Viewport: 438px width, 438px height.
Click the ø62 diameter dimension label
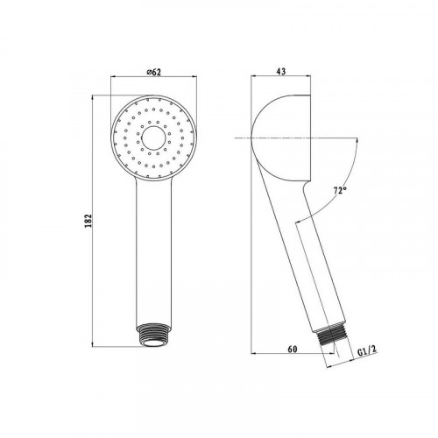point(154,72)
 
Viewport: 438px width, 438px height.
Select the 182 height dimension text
point(88,221)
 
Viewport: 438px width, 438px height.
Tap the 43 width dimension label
point(281,71)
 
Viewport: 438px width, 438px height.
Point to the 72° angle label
point(340,191)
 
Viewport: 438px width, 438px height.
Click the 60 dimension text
point(293,349)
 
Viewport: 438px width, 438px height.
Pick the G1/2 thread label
point(367,350)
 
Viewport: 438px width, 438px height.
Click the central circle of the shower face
point(154,138)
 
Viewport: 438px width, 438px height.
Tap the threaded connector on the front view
point(154,335)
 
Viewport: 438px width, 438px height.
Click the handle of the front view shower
point(154,251)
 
